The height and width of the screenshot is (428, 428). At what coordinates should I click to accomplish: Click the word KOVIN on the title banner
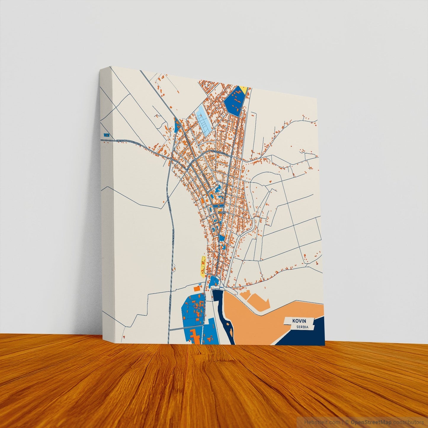[x=299, y=321]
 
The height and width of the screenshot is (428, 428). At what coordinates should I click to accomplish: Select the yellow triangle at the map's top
[x=243, y=89]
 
